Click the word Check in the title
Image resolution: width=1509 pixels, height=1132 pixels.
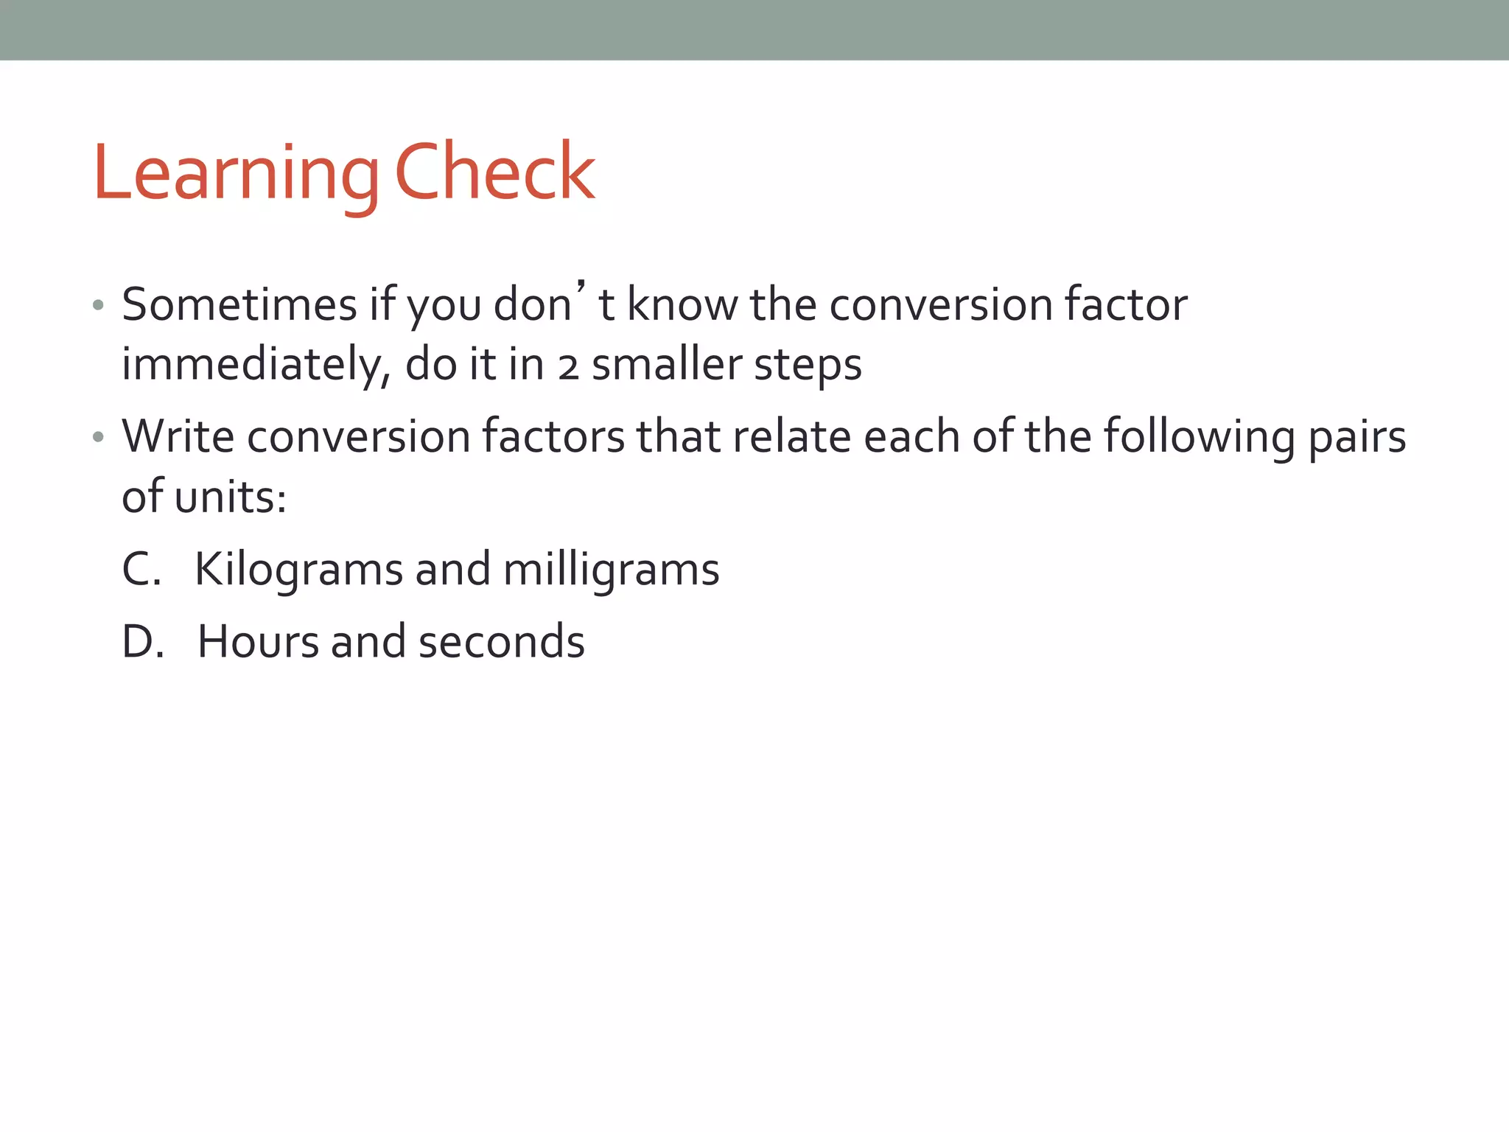coord(495,173)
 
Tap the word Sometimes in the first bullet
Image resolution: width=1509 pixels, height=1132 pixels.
coord(239,304)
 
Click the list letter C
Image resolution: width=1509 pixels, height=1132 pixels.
coord(141,570)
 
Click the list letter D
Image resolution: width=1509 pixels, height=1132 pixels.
coord(142,642)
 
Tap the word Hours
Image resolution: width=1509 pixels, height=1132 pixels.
coord(258,642)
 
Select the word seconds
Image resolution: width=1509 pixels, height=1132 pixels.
coord(501,642)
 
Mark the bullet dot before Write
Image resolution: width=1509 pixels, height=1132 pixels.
coord(98,438)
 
